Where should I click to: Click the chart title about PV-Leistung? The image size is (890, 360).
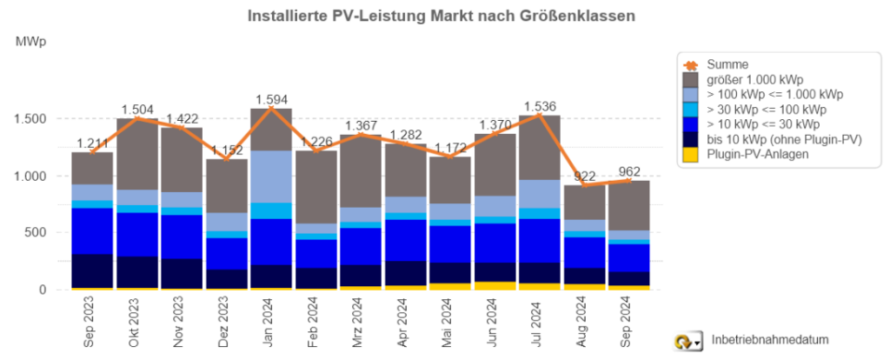pyautogui.click(x=442, y=16)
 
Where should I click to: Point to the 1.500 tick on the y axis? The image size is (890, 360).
pyautogui.click(x=41, y=118)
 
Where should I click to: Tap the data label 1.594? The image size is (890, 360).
pyautogui.click(x=270, y=97)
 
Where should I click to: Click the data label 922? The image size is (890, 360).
pyautogui.click(x=583, y=177)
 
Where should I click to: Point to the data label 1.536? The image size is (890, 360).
pyautogui.click(x=539, y=107)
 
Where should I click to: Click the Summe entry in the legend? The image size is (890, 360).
pyautogui.click(x=727, y=63)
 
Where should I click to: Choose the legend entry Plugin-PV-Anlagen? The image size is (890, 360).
pyautogui.click(x=760, y=153)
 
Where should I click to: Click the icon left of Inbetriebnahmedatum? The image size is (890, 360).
pyautogui.click(x=689, y=340)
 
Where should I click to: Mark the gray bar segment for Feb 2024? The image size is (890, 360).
pyautogui.click(x=315, y=187)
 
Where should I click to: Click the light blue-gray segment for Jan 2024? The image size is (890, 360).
pyautogui.click(x=270, y=177)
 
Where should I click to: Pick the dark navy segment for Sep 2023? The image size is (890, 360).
pyautogui.click(x=92, y=270)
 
